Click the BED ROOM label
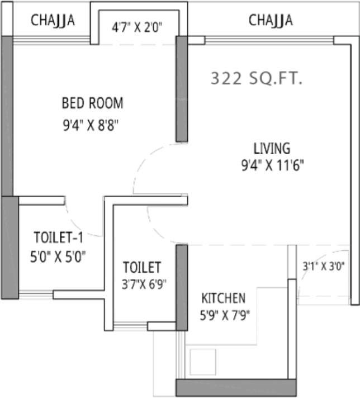(x=92, y=103)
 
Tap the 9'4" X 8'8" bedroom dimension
(x=92, y=125)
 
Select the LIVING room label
(x=272, y=149)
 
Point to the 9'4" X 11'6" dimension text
(x=272, y=166)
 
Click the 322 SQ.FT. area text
(x=256, y=79)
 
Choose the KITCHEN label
(x=223, y=297)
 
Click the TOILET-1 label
(x=59, y=237)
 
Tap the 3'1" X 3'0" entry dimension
(x=323, y=267)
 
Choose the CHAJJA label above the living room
(x=271, y=21)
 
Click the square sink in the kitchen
(x=202, y=362)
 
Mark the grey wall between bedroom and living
(x=182, y=89)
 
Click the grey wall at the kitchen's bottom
(x=235, y=387)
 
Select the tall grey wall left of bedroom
(x=7, y=115)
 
